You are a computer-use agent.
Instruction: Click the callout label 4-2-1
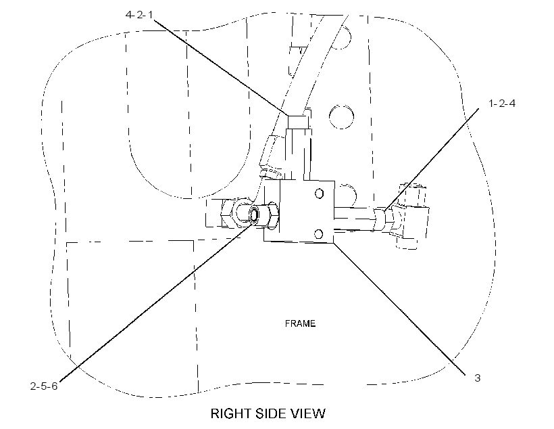coord(140,15)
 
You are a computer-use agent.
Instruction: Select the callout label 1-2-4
coord(502,104)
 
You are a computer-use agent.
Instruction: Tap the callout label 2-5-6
coord(43,386)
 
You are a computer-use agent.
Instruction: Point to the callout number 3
coord(478,378)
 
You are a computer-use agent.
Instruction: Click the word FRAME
coord(300,323)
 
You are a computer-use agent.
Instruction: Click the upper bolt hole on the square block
coord(319,194)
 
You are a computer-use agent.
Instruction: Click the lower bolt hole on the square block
coord(318,234)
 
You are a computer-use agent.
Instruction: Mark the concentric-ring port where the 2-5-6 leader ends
coord(254,214)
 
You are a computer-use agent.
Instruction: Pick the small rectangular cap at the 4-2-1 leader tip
coord(298,122)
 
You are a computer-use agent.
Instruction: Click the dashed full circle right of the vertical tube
coord(341,116)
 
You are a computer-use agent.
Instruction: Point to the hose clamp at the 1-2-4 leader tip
coord(379,220)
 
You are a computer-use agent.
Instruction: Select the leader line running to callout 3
coord(399,308)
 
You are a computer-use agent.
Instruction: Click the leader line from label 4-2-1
coord(221,68)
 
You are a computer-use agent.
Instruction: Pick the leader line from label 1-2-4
coord(432,160)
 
